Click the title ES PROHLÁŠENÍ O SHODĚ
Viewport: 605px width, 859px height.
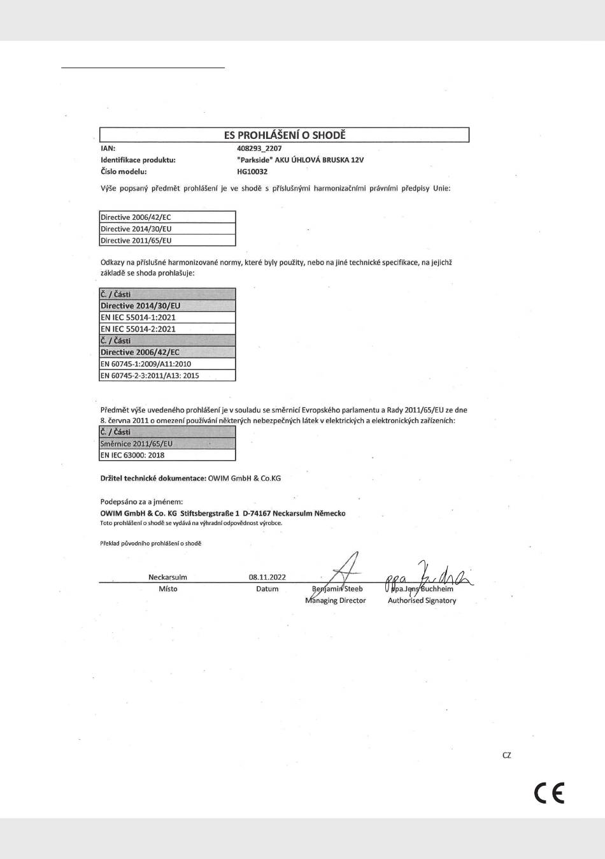(x=285, y=135)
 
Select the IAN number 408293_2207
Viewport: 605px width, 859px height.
(x=259, y=148)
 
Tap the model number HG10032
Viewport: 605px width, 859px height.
(x=252, y=171)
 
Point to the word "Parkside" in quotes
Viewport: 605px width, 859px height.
(x=254, y=160)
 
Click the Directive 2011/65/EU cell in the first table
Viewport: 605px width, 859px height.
(x=167, y=240)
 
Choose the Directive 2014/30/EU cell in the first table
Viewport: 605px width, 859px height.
(x=167, y=229)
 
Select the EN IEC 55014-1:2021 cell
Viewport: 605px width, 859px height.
(x=167, y=317)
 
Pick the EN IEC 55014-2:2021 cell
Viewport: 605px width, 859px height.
(x=167, y=329)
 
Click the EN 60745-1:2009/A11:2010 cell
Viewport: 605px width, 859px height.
(x=167, y=364)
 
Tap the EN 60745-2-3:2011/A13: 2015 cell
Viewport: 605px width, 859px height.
(x=167, y=375)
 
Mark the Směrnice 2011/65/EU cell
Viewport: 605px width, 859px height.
(x=167, y=444)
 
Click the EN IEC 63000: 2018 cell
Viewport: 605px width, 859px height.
(x=167, y=455)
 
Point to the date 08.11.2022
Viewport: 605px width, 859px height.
(x=267, y=577)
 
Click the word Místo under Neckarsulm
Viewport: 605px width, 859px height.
(x=168, y=589)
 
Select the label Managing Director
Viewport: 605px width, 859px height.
(x=336, y=600)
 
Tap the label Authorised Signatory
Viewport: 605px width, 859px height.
(x=422, y=600)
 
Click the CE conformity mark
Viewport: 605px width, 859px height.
(x=549, y=793)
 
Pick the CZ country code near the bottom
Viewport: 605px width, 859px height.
(x=507, y=755)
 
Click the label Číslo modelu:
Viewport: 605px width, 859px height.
(x=124, y=171)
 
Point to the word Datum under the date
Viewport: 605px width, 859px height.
(x=267, y=589)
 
